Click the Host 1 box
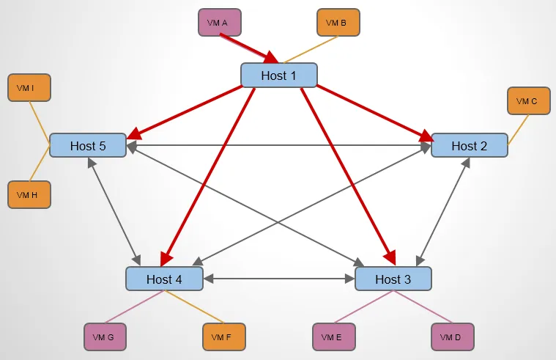point(278,76)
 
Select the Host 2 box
point(469,145)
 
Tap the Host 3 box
point(393,279)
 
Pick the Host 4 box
point(164,279)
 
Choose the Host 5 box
point(88,145)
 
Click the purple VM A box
point(219,22)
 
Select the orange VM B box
point(338,22)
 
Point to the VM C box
point(528,101)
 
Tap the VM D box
point(452,337)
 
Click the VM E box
point(333,337)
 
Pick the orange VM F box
point(223,337)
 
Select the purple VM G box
point(105,337)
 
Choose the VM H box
point(29,194)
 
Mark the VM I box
point(29,88)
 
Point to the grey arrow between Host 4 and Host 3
point(278,279)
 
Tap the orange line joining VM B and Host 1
point(307,50)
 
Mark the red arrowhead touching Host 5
point(133,135)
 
